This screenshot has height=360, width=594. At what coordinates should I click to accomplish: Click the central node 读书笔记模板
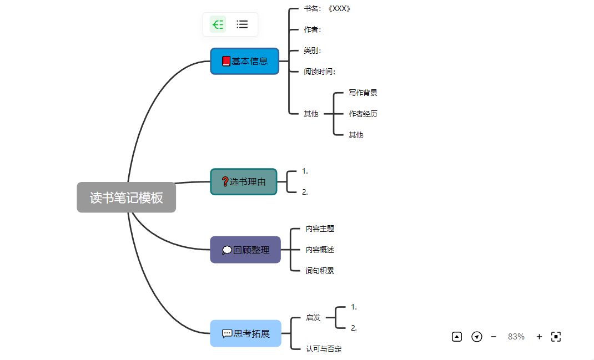[127, 197]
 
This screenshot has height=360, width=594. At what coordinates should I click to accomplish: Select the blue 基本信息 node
[245, 61]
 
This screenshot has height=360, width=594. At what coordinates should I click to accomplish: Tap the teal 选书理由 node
[244, 181]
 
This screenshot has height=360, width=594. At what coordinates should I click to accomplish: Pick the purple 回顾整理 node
[245, 250]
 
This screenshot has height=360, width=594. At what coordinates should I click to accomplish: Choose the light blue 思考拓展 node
[245, 333]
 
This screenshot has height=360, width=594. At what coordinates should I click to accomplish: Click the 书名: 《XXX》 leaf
[328, 9]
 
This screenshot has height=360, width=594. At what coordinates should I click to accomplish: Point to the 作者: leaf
[313, 30]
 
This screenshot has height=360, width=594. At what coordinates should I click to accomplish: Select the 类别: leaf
[313, 51]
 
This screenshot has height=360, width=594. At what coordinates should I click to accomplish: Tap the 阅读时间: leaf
[319, 72]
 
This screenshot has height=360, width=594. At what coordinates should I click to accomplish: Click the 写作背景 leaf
[363, 93]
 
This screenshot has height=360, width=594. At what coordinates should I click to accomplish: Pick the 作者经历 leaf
[363, 114]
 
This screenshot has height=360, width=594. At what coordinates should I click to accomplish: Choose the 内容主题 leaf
[320, 229]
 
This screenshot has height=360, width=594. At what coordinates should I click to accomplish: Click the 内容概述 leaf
[320, 250]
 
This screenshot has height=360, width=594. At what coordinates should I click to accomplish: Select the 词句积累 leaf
[320, 271]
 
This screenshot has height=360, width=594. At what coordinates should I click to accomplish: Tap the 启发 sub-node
[313, 318]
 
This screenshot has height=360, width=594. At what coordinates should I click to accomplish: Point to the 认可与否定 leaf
[324, 349]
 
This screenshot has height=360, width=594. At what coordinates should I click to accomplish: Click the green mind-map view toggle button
[218, 24]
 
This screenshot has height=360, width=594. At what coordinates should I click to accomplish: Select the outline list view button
[242, 24]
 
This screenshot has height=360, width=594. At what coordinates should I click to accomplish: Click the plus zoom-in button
[539, 337]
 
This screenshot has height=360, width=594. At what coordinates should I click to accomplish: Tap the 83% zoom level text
[516, 337]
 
